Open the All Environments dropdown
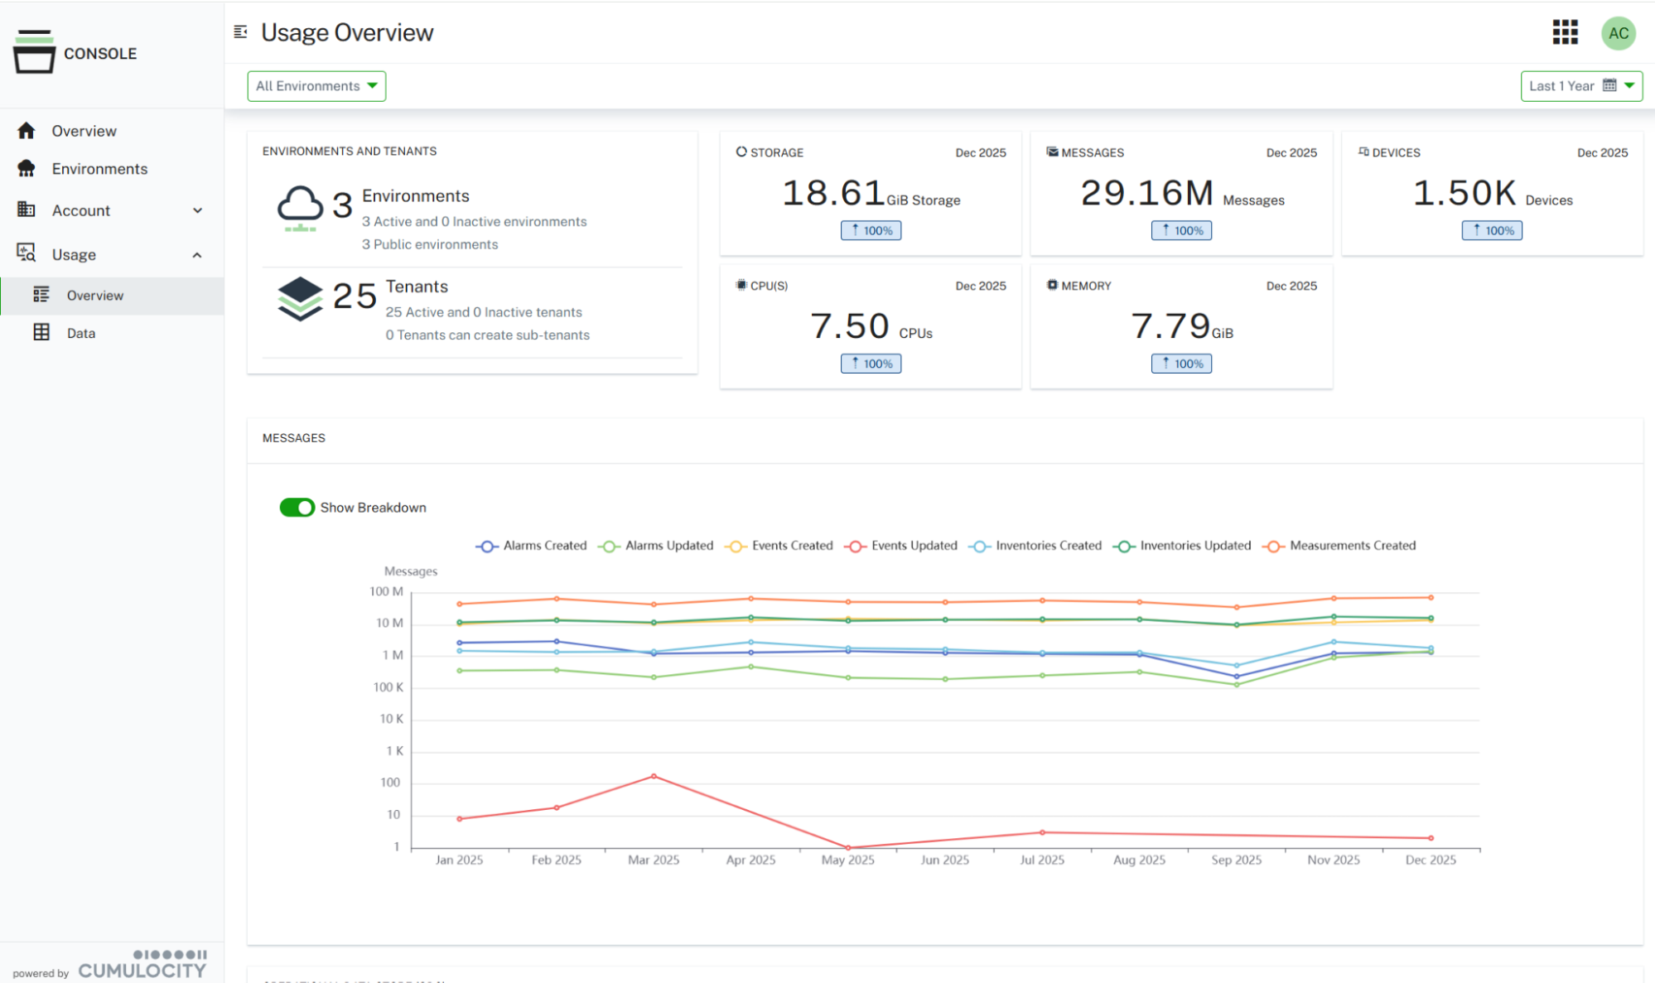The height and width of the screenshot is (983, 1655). pyautogui.click(x=316, y=86)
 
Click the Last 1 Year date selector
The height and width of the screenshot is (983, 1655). pyautogui.click(x=1580, y=86)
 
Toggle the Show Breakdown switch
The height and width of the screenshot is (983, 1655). pyautogui.click(x=297, y=508)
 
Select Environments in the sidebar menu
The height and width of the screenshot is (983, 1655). pyautogui.click(x=99, y=169)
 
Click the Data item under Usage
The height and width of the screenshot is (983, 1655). pyautogui.click(x=80, y=333)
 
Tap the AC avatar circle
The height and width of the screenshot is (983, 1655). pyautogui.click(x=1618, y=34)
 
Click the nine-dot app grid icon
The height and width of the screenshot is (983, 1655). pyautogui.click(x=1565, y=33)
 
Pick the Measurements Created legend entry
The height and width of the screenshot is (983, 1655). pyautogui.click(x=1340, y=546)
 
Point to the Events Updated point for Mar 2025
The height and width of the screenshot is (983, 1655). pyautogui.click(x=654, y=777)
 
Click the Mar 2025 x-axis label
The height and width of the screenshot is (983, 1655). pyautogui.click(x=654, y=860)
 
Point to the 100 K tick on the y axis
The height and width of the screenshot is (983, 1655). pyautogui.click(x=388, y=687)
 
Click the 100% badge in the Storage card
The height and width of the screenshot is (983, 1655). pyautogui.click(x=871, y=231)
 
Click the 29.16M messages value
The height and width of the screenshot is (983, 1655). pyautogui.click(x=1146, y=194)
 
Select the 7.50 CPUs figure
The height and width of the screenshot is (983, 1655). pyautogui.click(x=849, y=326)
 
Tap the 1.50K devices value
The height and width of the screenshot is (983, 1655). pyautogui.click(x=1464, y=194)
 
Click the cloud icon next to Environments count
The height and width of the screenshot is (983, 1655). pyautogui.click(x=300, y=207)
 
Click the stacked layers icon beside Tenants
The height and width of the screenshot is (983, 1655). pyautogui.click(x=300, y=298)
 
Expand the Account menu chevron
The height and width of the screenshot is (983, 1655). pyautogui.click(x=197, y=210)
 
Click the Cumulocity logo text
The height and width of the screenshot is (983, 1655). pyautogui.click(x=142, y=970)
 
